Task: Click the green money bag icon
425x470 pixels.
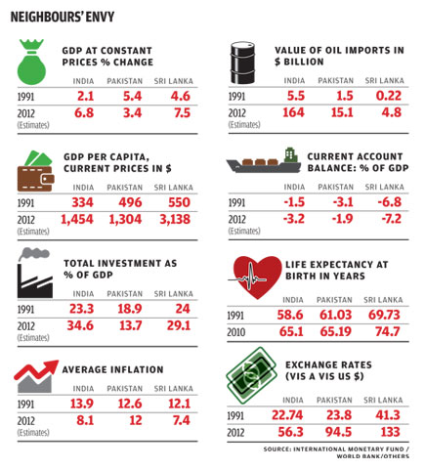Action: click(31, 62)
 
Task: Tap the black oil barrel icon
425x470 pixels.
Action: click(242, 63)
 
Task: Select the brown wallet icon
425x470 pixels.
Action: click(35, 171)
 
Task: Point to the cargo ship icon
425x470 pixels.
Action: click(264, 161)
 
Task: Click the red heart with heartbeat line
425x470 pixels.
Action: click(255, 278)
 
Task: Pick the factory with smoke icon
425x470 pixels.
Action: click(35, 273)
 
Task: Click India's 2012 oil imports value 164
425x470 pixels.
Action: click(293, 112)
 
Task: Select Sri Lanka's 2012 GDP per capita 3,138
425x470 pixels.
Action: click(175, 219)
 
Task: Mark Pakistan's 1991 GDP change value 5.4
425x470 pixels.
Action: click(132, 96)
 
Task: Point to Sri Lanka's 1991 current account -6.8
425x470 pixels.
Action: click(390, 202)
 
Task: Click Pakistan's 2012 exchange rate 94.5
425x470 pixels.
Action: click(339, 432)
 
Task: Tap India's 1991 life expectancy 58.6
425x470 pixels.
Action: click(290, 315)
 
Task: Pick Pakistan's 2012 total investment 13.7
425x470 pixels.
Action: click(131, 325)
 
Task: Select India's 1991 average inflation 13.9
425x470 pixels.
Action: click(82, 404)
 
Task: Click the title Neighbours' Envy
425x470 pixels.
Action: click(63, 17)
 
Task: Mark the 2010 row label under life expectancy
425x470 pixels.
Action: click(236, 332)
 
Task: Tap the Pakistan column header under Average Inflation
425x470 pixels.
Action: click(125, 389)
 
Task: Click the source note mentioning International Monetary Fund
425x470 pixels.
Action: click(336, 452)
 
